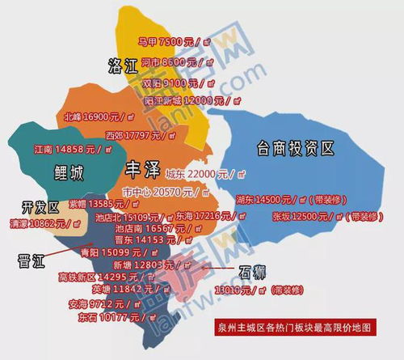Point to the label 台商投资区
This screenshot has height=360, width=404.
(296, 147)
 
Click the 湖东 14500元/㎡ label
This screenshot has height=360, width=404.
(281, 199)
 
